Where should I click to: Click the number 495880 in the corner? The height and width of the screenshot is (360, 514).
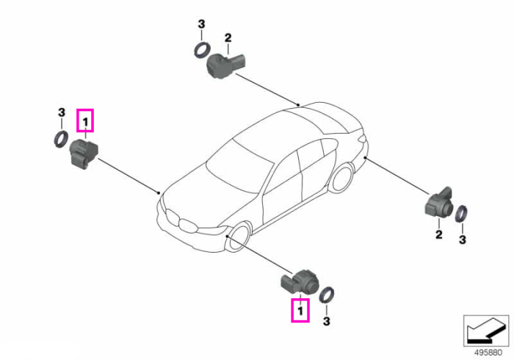point(488,353)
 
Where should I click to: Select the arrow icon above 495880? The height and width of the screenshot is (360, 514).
point(486,331)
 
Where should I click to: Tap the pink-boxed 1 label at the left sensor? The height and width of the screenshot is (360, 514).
point(85,120)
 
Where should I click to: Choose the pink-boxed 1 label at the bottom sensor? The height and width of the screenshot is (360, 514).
point(300,310)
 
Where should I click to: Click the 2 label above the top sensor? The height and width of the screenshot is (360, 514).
point(228,37)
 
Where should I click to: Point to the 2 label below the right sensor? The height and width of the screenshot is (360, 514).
point(438,234)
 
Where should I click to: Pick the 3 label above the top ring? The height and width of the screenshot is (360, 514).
point(201,24)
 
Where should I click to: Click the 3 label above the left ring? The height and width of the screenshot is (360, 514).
point(62,112)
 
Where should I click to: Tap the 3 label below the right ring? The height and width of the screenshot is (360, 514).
point(462,240)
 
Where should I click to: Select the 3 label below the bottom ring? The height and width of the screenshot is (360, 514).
point(326,321)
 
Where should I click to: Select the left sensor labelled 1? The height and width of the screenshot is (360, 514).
point(84,154)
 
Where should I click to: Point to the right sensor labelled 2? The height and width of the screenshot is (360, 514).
point(439,204)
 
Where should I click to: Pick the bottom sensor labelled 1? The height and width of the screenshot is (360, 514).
point(299,282)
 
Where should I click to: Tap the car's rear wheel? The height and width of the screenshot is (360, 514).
point(343,179)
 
